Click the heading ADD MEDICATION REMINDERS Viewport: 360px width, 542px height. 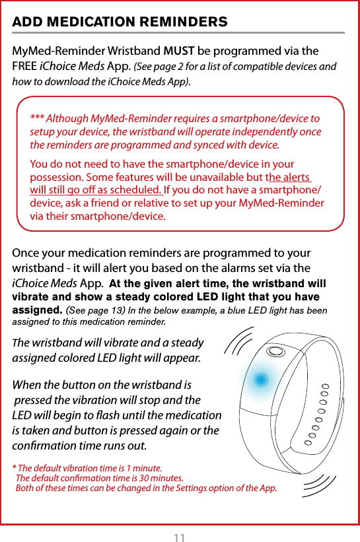tap(120, 22)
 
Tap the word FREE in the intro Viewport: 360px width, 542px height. tap(24, 66)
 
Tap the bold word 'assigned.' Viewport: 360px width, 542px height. tap(38, 310)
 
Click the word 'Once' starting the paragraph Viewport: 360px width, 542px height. tap(27, 254)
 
